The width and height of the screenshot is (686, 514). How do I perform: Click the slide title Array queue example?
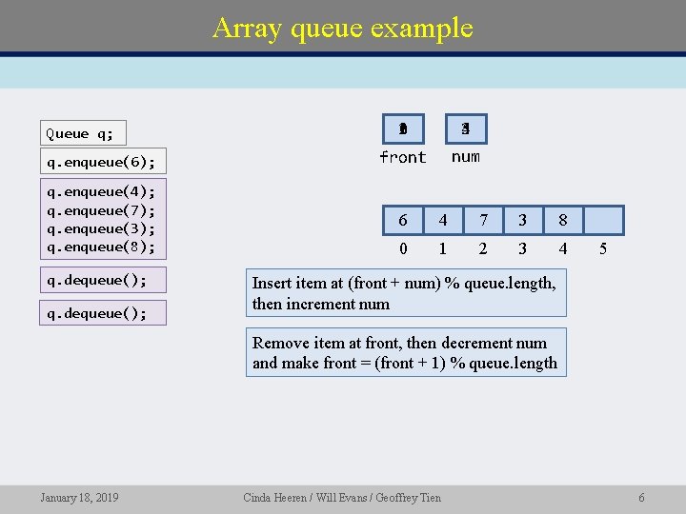[x=342, y=28]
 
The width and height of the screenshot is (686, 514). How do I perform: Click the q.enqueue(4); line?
[x=101, y=191]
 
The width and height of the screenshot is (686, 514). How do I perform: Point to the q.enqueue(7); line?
[x=101, y=210]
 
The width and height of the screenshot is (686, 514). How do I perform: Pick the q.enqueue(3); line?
[x=101, y=228]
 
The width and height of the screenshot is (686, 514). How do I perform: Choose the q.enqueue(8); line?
[x=101, y=247]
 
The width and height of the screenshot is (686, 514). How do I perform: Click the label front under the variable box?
[x=402, y=157]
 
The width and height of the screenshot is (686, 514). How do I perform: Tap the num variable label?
[x=465, y=157]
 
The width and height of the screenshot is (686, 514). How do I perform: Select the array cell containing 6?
[x=403, y=221]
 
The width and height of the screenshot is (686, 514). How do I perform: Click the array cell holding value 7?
[x=483, y=221]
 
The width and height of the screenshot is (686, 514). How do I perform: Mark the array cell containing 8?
[x=563, y=221]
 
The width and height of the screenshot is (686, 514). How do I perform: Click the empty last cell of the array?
[x=603, y=221]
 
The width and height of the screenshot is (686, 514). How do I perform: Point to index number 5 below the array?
[x=603, y=248]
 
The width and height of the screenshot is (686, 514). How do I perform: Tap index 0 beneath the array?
[x=403, y=248]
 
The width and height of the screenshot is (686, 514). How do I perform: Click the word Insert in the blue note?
[x=272, y=283]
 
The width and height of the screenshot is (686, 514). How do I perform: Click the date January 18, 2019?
[x=79, y=497]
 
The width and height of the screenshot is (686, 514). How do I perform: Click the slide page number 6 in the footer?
[x=641, y=497]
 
